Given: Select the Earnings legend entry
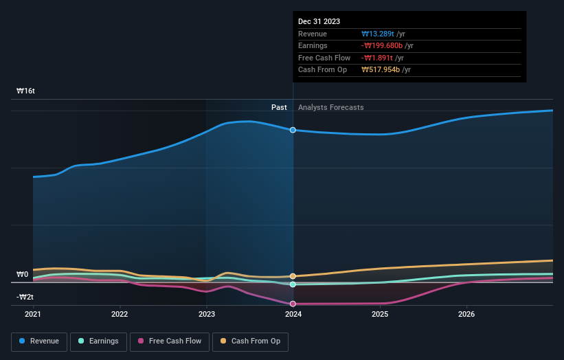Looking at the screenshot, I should coord(98,341).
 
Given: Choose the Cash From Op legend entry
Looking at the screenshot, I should coord(251,341).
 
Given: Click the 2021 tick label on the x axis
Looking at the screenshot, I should coord(33,315).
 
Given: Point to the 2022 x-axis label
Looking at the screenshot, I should coord(120,315).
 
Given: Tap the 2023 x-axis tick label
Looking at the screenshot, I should coord(207,315).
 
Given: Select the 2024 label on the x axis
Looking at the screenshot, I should coord(293,315).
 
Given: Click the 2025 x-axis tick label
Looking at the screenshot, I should coord(380,315).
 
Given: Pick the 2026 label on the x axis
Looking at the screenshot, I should coord(466,315).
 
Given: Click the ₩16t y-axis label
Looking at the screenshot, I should coord(26,91).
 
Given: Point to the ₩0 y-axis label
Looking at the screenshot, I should coord(23,275).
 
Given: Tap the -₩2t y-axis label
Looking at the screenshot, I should coord(25,297).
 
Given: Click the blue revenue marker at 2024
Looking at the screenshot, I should coord(293,130).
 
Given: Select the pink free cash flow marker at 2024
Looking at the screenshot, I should coord(293,304).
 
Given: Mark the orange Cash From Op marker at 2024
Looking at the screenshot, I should coord(293,276).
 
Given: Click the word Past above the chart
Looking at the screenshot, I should coord(279,107).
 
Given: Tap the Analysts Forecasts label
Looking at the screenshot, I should coord(331,107).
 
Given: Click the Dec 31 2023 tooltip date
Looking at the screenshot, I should coord(319,22).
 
